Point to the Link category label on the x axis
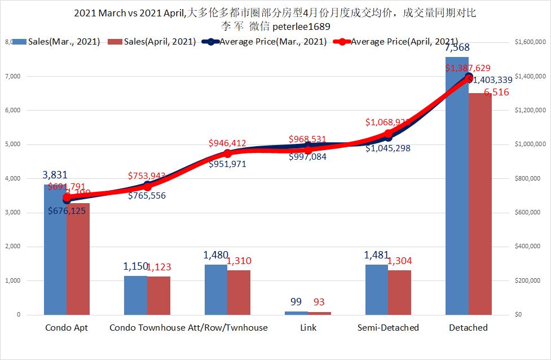point(308,327)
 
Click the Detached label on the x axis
point(468,327)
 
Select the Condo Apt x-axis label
point(67,327)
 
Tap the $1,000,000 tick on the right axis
point(528,144)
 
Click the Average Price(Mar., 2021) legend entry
point(272,42)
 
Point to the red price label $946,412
point(228,143)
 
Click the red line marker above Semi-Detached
point(388,134)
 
